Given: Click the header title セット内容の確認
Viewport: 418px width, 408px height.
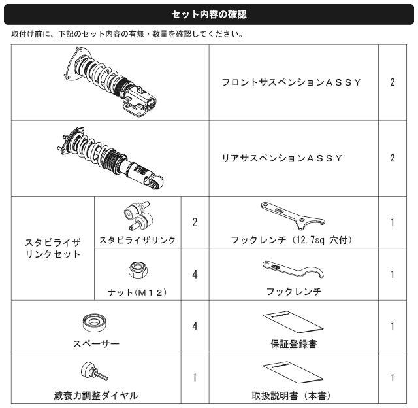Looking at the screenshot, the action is [209, 14].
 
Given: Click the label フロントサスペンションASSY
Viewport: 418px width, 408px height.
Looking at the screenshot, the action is [291, 82].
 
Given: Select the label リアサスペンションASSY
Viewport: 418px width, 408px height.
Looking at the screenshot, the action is [282, 158].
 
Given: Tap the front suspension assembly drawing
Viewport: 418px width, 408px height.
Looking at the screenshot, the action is [110, 82].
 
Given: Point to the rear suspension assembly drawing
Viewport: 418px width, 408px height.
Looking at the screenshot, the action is [110, 158].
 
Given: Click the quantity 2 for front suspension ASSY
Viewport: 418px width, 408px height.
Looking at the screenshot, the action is [393, 82].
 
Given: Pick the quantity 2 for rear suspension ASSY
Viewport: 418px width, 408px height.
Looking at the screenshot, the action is [393, 158].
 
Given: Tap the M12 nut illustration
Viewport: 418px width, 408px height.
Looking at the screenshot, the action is [138, 270].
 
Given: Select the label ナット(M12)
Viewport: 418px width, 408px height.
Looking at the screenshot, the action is [137, 293].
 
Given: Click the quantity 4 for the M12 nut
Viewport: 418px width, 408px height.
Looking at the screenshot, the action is [195, 275].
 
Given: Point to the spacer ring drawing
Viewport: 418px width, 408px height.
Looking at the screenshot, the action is [94, 322].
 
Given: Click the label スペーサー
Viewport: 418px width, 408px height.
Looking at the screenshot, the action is [96, 344].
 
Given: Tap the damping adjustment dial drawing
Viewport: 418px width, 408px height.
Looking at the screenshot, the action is [94, 371].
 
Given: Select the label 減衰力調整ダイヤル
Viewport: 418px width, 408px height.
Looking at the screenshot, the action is [96, 396].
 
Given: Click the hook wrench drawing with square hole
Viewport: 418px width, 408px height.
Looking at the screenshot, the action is [293, 216].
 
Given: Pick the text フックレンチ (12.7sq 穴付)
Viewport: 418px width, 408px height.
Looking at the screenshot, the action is [291, 240].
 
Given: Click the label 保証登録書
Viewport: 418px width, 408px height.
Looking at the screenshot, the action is [294, 344].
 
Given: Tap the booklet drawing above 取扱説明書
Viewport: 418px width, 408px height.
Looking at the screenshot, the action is [293, 372].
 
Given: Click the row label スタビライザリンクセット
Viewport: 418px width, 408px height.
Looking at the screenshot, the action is [53, 248].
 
